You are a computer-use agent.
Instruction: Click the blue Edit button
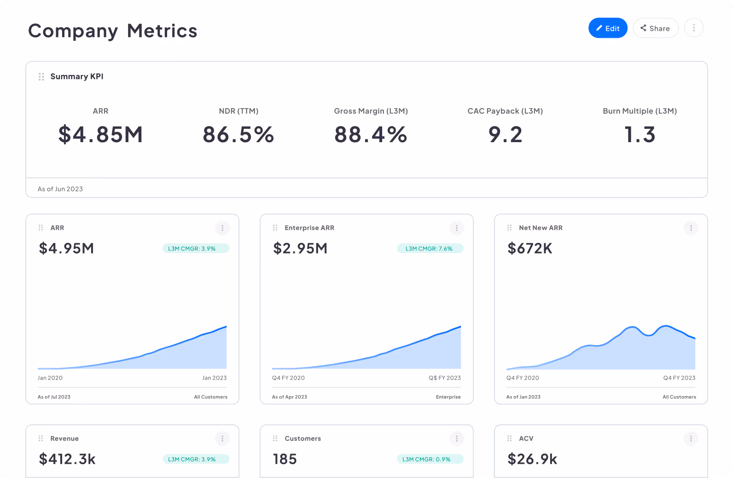tap(608, 28)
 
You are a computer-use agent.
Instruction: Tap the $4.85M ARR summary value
tap(100, 135)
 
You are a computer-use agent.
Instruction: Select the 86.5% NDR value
tap(238, 135)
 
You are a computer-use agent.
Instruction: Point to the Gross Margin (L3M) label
tap(371, 111)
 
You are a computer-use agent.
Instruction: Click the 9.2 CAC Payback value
tap(505, 135)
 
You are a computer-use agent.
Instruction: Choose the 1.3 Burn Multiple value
tap(639, 135)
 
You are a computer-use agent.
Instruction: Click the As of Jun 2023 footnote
tap(60, 189)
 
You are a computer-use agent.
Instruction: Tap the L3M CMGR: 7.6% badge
tap(430, 248)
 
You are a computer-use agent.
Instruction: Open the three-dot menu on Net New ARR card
tap(691, 228)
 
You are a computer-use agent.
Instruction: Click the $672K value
tap(529, 248)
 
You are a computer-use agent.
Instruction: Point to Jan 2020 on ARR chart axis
tap(50, 378)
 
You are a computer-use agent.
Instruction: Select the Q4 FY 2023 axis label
tap(679, 378)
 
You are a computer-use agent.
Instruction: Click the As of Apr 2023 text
tap(289, 397)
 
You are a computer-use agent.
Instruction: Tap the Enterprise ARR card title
tap(309, 228)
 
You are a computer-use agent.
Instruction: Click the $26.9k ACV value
tap(532, 459)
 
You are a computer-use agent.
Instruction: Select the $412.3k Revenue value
tap(67, 459)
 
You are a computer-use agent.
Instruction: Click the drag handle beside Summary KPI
tap(41, 76)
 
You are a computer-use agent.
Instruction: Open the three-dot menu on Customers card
tap(456, 438)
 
